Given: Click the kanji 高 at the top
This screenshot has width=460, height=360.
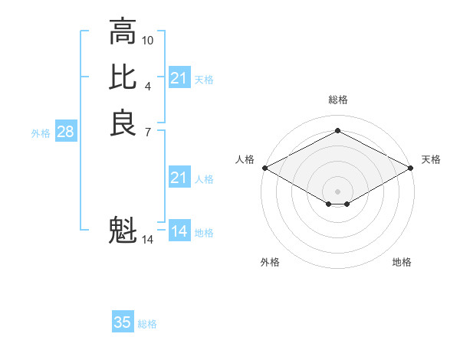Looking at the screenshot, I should [123, 32].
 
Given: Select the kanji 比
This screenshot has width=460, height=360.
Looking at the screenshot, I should [123, 77].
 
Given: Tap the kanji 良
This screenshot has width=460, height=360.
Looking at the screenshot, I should [123, 123].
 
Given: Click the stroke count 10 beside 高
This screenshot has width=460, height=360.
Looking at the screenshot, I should [148, 40].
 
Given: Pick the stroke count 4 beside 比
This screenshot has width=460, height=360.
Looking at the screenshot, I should [148, 85].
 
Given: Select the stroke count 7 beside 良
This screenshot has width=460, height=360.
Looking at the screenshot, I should [148, 131].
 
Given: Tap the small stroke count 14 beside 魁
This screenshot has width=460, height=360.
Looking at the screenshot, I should [148, 240].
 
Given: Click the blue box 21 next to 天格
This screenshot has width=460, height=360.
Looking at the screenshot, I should [179, 78].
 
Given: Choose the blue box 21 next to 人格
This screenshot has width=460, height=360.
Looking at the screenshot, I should [179, 178].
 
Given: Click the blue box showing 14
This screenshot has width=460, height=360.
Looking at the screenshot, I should [179, 231].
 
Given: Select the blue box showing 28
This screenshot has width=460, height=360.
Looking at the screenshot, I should [65, 132].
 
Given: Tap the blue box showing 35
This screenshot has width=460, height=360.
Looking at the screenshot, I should [123, 322].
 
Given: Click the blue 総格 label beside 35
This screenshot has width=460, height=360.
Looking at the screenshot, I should [147, 324].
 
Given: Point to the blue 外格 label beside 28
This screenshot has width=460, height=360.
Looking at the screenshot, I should [41, 133].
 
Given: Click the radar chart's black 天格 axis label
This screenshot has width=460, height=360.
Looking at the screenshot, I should [431, 159].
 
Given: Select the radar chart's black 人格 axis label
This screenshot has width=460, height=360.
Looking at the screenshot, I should [245, 159].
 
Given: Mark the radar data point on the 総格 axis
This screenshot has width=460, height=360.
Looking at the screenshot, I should [337, 131].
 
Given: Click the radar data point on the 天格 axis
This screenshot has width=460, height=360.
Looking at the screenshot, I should [412, 168].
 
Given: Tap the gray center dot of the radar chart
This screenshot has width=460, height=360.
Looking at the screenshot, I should [337, 191].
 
